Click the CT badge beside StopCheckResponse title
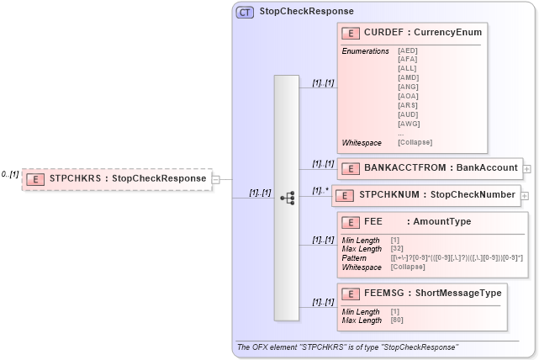click(x=246, y=12)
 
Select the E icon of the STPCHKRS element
click(x=35, y=178)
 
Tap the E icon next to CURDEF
click(x=350, y=32)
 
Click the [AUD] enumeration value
click(x=407, y=114)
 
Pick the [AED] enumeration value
click(x=407, y=50)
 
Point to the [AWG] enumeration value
click(x=407, y=123)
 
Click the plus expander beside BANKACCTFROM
click(x=526, y=168)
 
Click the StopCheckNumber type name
click(x=473, y=195)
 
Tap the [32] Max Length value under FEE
click(x=397, y=248)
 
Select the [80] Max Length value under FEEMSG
click(x=397, y=320)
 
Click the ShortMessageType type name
click(x=458, y=293)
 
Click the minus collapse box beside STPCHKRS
click(x=215, y=178)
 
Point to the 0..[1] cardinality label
click(x=9, y=174)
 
